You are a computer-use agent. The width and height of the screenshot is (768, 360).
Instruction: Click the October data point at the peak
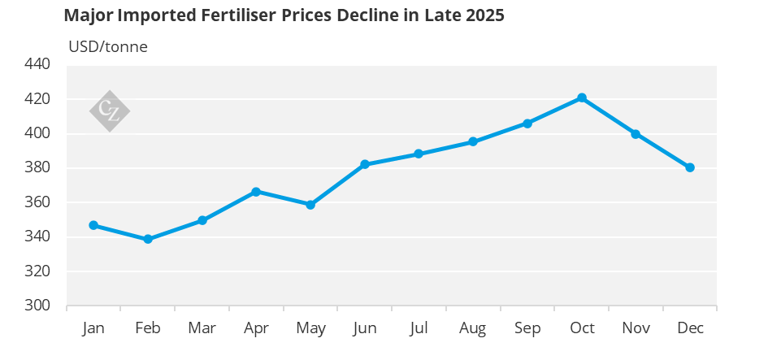tap(582, 98)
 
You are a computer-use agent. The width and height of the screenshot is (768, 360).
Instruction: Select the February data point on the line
tap(148, 239)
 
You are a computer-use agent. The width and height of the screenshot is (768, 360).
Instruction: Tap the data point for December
tap(690, 167)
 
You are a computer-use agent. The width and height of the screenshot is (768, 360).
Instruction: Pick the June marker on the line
tap(365, 164)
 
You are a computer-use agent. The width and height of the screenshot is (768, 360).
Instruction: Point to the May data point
tap(310, 205)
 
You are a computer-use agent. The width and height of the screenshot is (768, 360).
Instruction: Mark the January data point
tap(93, 225)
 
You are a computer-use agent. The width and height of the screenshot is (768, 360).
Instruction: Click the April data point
tap(256, 192)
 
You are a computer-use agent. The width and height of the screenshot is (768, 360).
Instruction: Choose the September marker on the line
tap(527, 124)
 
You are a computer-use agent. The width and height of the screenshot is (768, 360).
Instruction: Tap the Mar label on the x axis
tap(202, 328)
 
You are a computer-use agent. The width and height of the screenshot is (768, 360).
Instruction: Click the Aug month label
tap(473, 328)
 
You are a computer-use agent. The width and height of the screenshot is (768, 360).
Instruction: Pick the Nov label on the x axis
tap(636, 328)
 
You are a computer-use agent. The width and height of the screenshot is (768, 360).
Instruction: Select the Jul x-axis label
tap(419, 328)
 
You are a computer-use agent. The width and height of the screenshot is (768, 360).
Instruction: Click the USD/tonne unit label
tap(108, 46)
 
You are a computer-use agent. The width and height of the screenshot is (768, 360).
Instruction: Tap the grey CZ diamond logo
tap(109, 111)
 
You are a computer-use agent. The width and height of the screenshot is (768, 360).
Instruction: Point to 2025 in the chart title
tap(485, 16)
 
